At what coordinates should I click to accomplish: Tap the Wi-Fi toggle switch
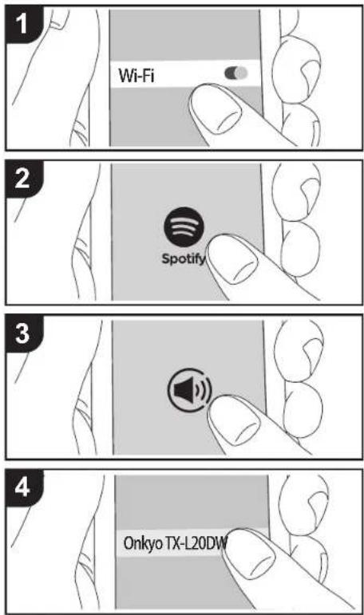coord(237,73)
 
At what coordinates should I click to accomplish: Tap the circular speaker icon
coord(188,391)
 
